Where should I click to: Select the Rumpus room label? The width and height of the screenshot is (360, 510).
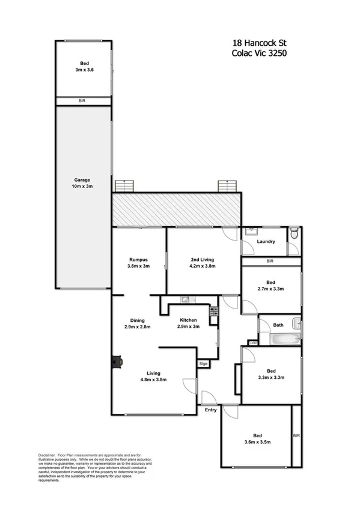click(138, 259)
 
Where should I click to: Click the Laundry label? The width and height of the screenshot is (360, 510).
click(266, 242)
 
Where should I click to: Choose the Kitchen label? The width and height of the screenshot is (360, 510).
click(189, 321)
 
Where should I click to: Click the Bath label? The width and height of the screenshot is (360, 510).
click(278, 325)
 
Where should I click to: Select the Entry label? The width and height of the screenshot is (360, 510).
click(210, 410)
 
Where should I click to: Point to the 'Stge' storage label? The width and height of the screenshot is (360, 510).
click(204, 364)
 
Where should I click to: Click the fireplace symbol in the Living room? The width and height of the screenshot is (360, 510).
click(115, 361)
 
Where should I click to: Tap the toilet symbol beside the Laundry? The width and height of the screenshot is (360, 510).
click(293, 233)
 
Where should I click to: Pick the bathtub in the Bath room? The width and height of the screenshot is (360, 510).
click(284, 340)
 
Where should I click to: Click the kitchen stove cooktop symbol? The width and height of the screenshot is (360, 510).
click(212, 311)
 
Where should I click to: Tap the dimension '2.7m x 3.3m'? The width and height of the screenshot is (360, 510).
click(271, 289)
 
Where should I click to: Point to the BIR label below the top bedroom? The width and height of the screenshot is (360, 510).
click(82, 101)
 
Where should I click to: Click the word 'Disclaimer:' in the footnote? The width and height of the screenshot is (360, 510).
click(46, 455)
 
